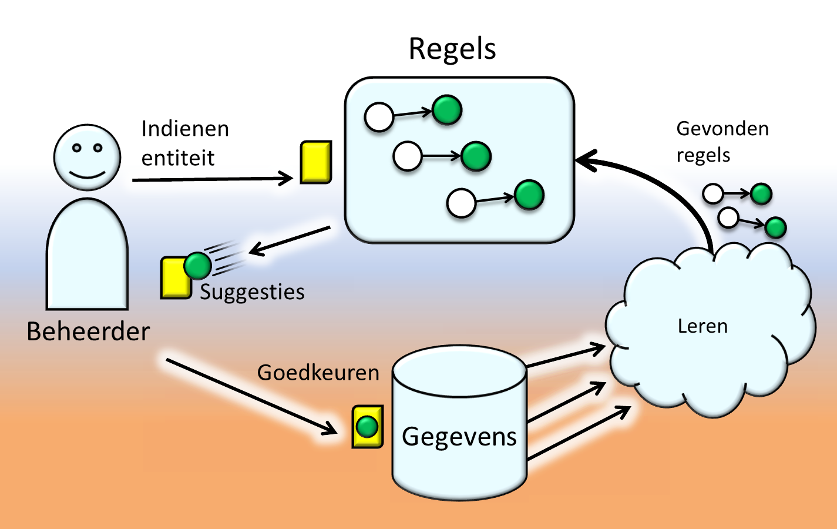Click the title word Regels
[x=452, y=49]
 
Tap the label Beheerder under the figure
[x=88, y=332]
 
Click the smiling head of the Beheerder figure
[x=87, y=157]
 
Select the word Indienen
[x=185, y=129]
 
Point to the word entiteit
[x=178, y=158]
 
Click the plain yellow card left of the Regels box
[x=316, y=162]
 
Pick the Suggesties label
[x=252, y=292]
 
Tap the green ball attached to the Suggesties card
[x=197, y=266]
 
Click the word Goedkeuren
[x=318, y=373]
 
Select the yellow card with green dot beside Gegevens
[x=368, y=427]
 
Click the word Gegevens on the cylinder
[x=459, y=437]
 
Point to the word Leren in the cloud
[x=702, y=326]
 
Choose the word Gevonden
[x=722, y=129]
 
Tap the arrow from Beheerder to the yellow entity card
[x=211, y=179]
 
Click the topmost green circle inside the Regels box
[x=447, y=110]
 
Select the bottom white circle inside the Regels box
[x=461, y=203]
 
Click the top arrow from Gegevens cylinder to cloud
[x=565, y=357]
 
